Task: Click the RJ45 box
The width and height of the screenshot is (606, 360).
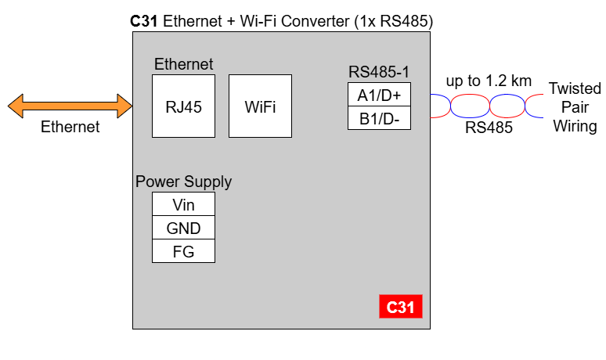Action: (183, 106)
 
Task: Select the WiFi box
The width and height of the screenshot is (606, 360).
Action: (260, 106)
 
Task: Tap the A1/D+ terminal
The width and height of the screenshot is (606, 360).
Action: (379, 94)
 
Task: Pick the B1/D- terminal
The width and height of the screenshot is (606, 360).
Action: (379, 118)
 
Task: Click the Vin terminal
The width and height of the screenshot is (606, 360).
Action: (183, 204)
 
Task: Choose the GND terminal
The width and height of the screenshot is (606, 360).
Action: (183, 228)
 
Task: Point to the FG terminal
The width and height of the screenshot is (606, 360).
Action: (183, 251)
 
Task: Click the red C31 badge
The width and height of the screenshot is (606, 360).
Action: (401, 307)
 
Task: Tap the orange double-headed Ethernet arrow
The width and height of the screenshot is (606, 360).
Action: (70, 106)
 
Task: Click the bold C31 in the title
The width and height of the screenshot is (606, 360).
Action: (144, 21)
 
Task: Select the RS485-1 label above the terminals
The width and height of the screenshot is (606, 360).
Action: (379, 72)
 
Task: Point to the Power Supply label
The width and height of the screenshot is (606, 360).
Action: (183, 182)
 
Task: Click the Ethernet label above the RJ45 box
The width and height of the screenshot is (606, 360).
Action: (183, 64)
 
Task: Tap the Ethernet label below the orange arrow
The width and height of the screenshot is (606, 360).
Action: (70, 127)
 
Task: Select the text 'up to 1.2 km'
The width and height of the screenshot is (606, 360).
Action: (489, 81)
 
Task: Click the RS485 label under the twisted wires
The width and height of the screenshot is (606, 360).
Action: (489, 128)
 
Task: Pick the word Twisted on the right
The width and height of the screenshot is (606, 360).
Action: (575, 88)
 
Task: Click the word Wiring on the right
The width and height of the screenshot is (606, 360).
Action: (575, 126)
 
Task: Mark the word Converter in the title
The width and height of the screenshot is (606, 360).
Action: (316, 21)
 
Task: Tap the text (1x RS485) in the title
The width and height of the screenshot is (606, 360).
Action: (394, 21)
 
